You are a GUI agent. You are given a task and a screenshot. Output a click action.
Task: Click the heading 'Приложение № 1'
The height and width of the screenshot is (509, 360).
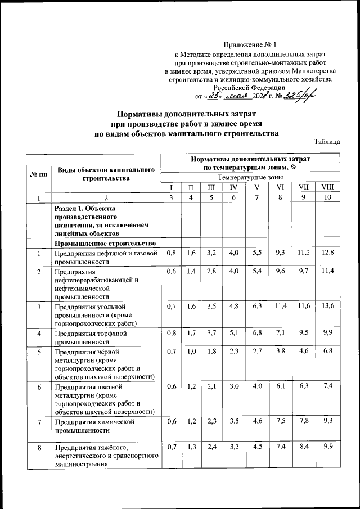pyautogui.click(x=250, y=44)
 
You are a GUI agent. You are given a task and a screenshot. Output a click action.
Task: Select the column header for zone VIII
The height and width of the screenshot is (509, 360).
pyautogui.click(x=327, y=186)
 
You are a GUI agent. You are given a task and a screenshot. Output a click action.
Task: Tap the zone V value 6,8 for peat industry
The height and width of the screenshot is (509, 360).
pyautogui.click(x=256, y=333)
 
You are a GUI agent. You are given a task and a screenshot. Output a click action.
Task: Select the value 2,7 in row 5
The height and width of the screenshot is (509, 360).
pyautogui.click(x=256, y=352)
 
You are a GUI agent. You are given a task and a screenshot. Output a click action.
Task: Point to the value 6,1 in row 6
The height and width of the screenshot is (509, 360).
pyautogui.click(x=280, y=387)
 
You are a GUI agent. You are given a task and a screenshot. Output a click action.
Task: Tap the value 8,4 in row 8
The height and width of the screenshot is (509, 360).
pyautogui.click(x=303, y=448)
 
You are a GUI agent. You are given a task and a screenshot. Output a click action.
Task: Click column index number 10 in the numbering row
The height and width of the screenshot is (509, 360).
pyautogui.click(x=327, y=197)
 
